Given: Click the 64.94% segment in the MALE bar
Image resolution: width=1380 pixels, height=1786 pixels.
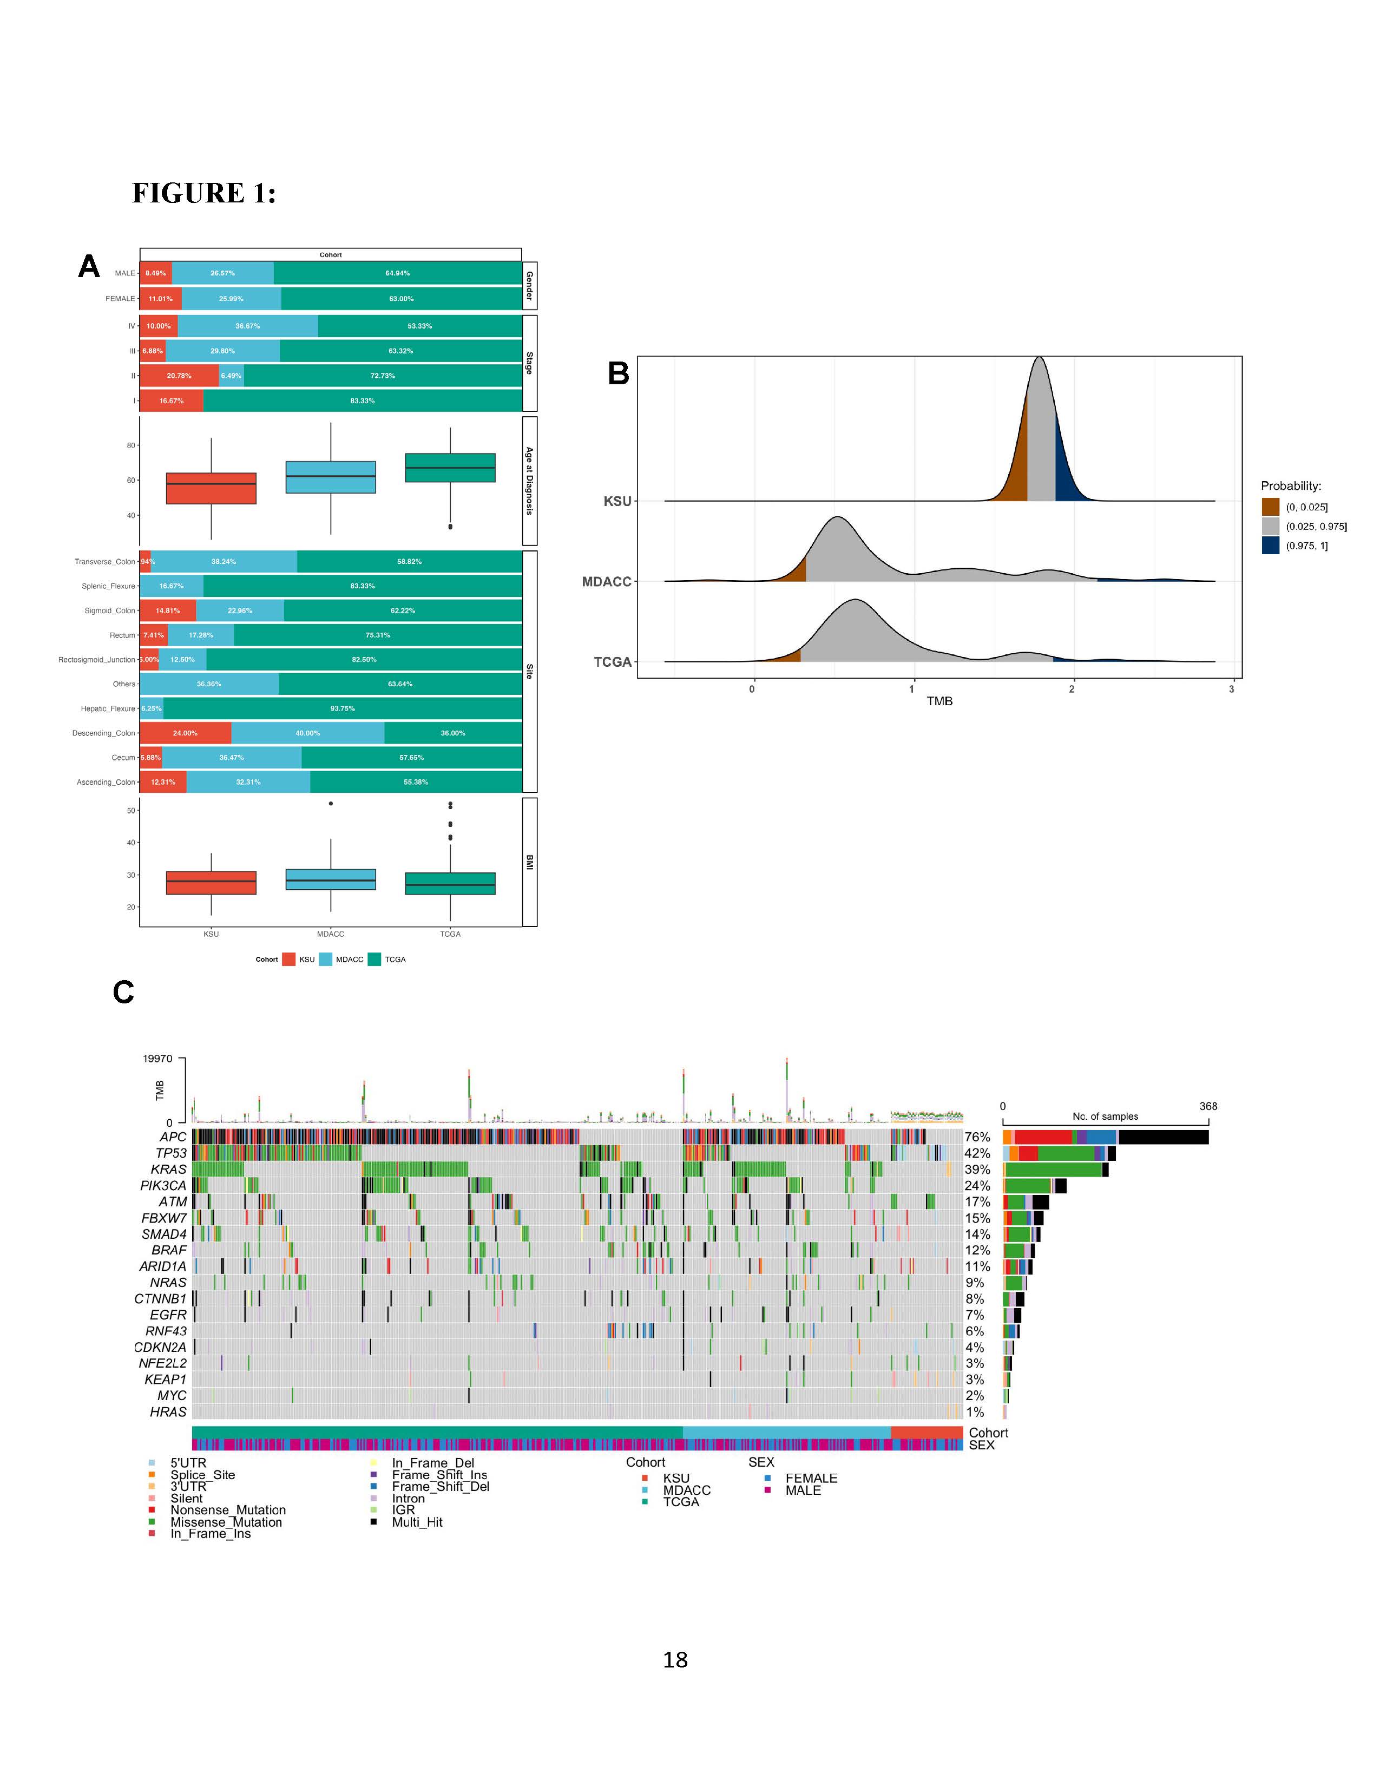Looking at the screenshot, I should pyautogui.click(x=397, y=273).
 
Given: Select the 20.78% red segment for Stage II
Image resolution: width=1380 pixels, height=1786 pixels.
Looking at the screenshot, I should pyautogui.click(x=179, y=376).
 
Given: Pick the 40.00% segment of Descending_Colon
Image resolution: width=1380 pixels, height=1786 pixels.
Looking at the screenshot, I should pyautogui.click(x=307, y=733).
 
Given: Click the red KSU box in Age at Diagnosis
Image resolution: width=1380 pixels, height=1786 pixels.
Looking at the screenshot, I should pyautogui.click(x=211, y=488).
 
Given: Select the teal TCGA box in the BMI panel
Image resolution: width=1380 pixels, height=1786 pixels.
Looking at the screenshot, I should pyautogui.click(x=450, y=884).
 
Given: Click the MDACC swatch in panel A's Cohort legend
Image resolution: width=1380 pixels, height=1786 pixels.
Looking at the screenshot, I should pyautogui.click(x=325, y=959).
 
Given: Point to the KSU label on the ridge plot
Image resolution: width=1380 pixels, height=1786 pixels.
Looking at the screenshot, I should pyautogui.click(x=617, y=501).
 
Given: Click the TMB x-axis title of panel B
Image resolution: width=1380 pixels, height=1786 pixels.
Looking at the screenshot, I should pyautogui.click(x=939, y=701).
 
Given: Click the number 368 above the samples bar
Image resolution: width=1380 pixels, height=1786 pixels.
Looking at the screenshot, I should pyautogui.click(x=1207, y=1106).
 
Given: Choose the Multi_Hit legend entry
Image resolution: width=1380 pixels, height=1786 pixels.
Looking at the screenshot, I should pyautogui.click(x=417, y=1522).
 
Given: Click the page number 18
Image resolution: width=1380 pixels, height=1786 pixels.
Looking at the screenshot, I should pyautogui.click(x=675, y=1660).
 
